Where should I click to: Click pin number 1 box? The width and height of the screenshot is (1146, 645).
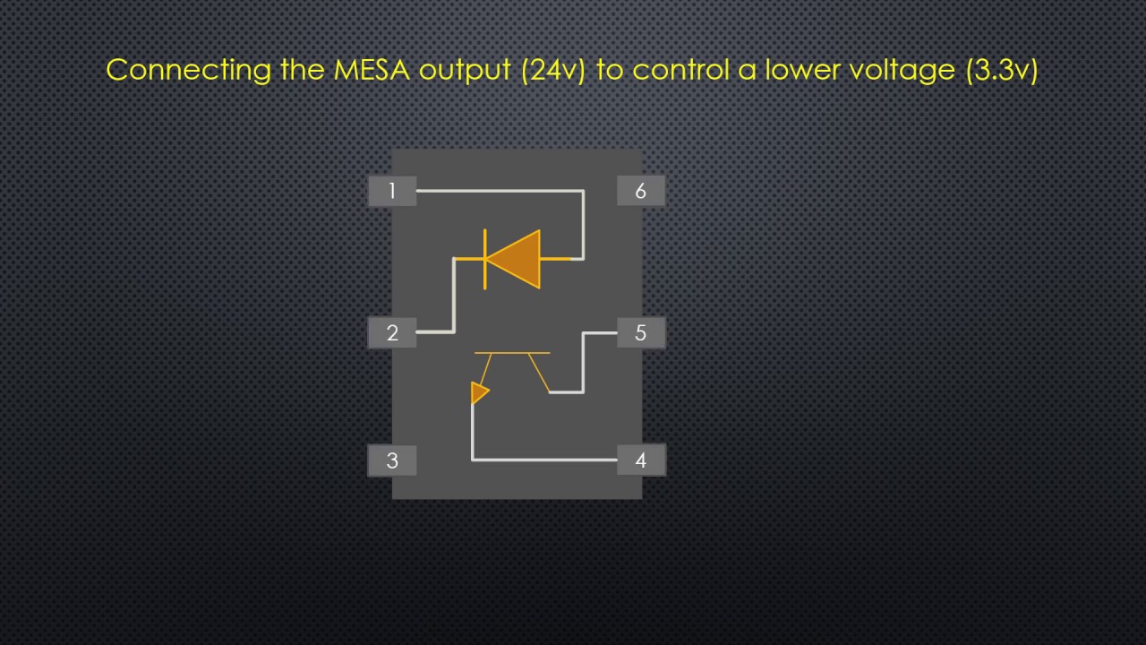click(x=392, y=191)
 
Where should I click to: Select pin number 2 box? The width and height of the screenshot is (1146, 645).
click(x=392, y=333)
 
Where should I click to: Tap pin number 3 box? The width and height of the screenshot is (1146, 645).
click(x=392, y=460)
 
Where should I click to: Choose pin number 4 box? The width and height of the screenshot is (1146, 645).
click(x=640, y=460)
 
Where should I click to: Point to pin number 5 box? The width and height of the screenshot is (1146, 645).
click(x=640, y=333)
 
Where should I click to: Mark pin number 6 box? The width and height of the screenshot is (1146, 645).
click(x=640, y=191)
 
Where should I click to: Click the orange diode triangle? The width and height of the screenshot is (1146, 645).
click(x=517, y=259)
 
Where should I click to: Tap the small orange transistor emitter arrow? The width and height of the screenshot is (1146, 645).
click(x=480, y=392)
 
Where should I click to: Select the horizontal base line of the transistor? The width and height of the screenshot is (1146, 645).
click(x=512, y=353)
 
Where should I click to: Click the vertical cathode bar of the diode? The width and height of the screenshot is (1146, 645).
click(x=485, y=259)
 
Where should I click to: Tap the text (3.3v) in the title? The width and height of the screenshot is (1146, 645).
click(x=1002, y=70)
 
